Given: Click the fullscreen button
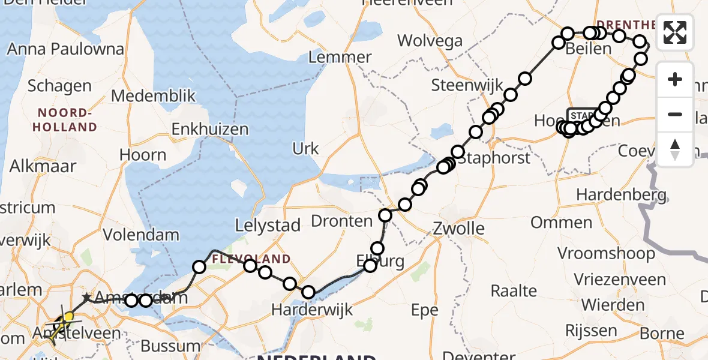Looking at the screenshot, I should pos(675,32).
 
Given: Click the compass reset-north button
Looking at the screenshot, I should pos(675,149).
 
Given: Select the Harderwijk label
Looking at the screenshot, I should pos(312,310).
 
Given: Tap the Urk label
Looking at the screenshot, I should pos(305,148).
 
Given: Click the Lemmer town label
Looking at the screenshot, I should pos(340,58).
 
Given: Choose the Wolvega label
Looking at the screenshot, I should pos(430,41).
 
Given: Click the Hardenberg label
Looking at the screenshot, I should pos(621,195).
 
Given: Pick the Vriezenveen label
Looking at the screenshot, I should pos(619,280).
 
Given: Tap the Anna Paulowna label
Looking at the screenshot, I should pos(65,49).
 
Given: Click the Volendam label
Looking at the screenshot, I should pos(141,235).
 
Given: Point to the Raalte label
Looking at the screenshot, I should pos(514,291).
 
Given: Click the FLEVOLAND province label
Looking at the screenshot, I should pos(251,259).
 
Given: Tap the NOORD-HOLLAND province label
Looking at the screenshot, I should pos(65,120).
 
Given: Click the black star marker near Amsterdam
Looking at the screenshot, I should pos(87,297).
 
